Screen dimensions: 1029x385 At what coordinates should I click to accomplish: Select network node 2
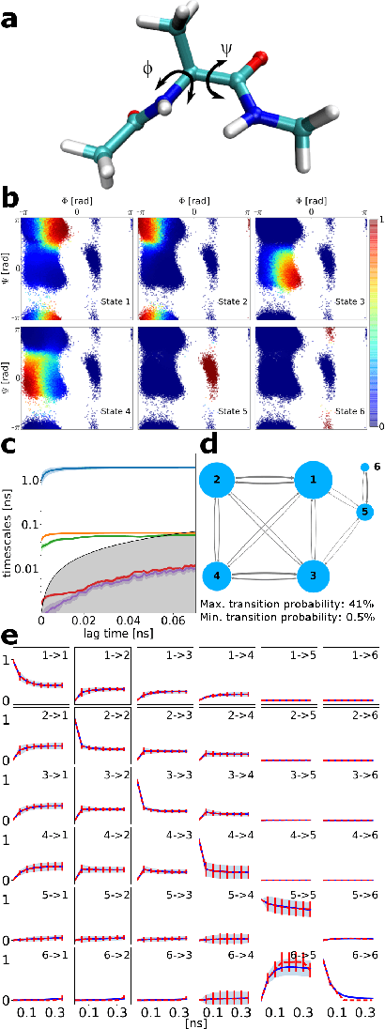(x=218, y=482)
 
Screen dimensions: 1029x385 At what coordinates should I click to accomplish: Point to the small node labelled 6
(x=364, y=467)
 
